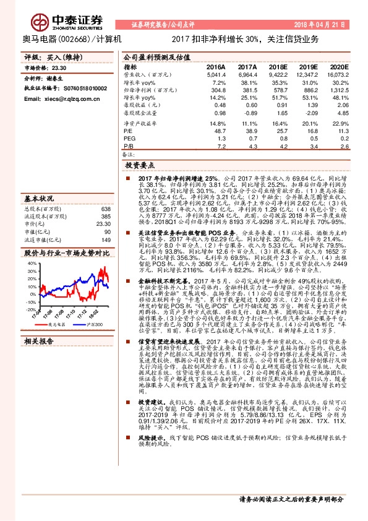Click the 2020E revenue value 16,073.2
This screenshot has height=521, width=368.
click(338, 74)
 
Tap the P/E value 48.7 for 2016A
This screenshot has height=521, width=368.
click(220, 131)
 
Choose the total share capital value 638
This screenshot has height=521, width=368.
click(105, 209)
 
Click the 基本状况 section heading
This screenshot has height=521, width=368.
click(39, 198)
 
